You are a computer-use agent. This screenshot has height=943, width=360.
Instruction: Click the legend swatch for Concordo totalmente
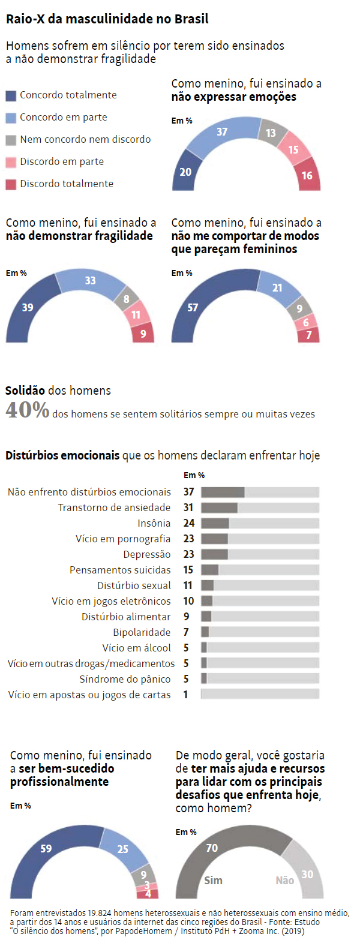tap(11, 95)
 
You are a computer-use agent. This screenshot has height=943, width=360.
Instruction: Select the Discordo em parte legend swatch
tap(11, 162)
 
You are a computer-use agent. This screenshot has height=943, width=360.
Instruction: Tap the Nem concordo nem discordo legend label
tap(85, 139)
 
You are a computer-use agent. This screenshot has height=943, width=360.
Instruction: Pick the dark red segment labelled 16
tap(308, 175)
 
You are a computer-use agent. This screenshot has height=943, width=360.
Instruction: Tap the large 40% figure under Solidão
tap(27, 410)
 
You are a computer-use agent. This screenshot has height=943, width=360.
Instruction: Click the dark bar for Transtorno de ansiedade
tap(219, 507)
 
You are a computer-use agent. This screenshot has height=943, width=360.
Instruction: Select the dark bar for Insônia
tap(215, 523)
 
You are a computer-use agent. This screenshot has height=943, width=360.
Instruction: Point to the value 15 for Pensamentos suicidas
tap(188, 570)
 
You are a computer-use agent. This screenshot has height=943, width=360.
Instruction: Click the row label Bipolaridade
tap(142, 632)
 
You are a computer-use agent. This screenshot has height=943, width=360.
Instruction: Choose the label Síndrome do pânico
tap(125, 679)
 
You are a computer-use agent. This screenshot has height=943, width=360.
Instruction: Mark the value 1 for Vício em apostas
tap(186, 695)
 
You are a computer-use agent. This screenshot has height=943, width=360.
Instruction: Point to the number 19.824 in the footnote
tap(101, 913)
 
